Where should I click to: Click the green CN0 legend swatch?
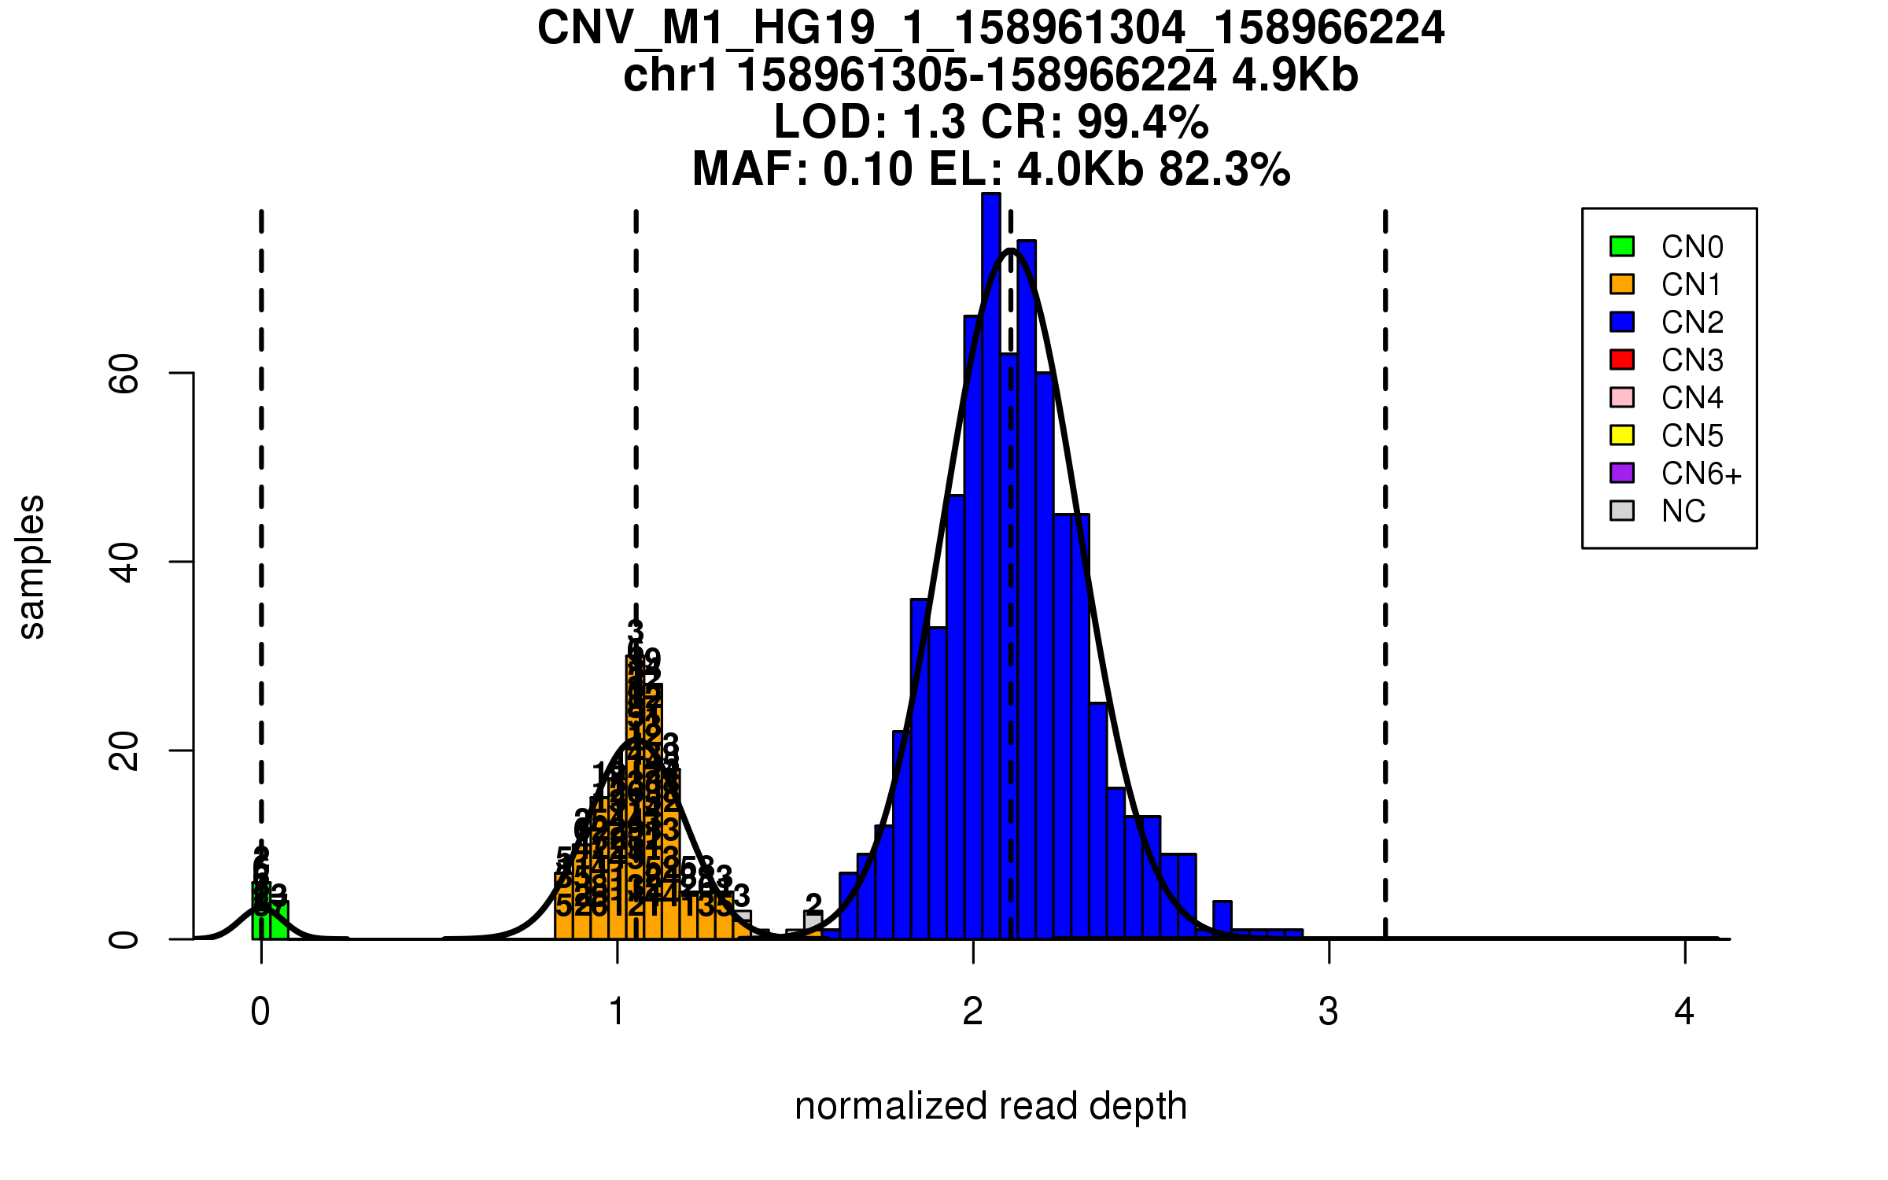1622,246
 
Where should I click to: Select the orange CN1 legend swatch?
1622,284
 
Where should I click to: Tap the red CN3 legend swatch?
1622,360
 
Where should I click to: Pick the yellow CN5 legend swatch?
1622,435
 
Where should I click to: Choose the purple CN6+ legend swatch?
1622,473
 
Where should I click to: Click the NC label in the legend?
1683,511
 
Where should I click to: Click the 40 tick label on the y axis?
124,562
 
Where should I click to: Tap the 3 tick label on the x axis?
1329,1012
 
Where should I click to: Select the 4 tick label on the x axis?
1684,1012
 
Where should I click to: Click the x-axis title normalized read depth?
990,1106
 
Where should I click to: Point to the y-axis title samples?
31,566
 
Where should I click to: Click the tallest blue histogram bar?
991,566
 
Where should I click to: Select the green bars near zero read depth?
270,920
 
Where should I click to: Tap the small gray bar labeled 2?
813,921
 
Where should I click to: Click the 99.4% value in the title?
1142,123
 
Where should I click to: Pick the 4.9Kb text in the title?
1295,76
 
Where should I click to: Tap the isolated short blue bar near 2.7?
1222,920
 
